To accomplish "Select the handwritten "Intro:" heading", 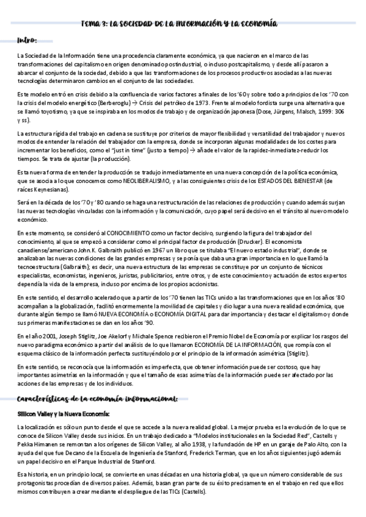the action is (x=27, y=40).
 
